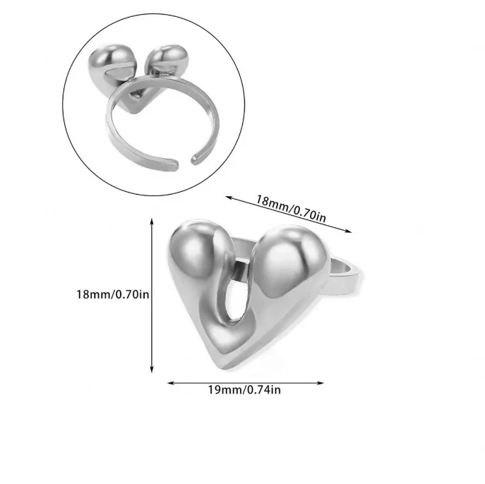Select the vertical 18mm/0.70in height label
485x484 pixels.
point(113,294)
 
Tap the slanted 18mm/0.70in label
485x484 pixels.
point(290,209)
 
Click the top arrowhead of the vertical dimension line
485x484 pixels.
point(152,221)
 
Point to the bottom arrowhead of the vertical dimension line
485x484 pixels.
point(152,369)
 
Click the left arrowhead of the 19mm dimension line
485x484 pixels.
point(171,383)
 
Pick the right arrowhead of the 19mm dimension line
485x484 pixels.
point(321,383)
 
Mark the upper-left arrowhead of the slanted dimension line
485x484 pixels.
point(229,198)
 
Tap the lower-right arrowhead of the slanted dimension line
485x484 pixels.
point(348,230)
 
